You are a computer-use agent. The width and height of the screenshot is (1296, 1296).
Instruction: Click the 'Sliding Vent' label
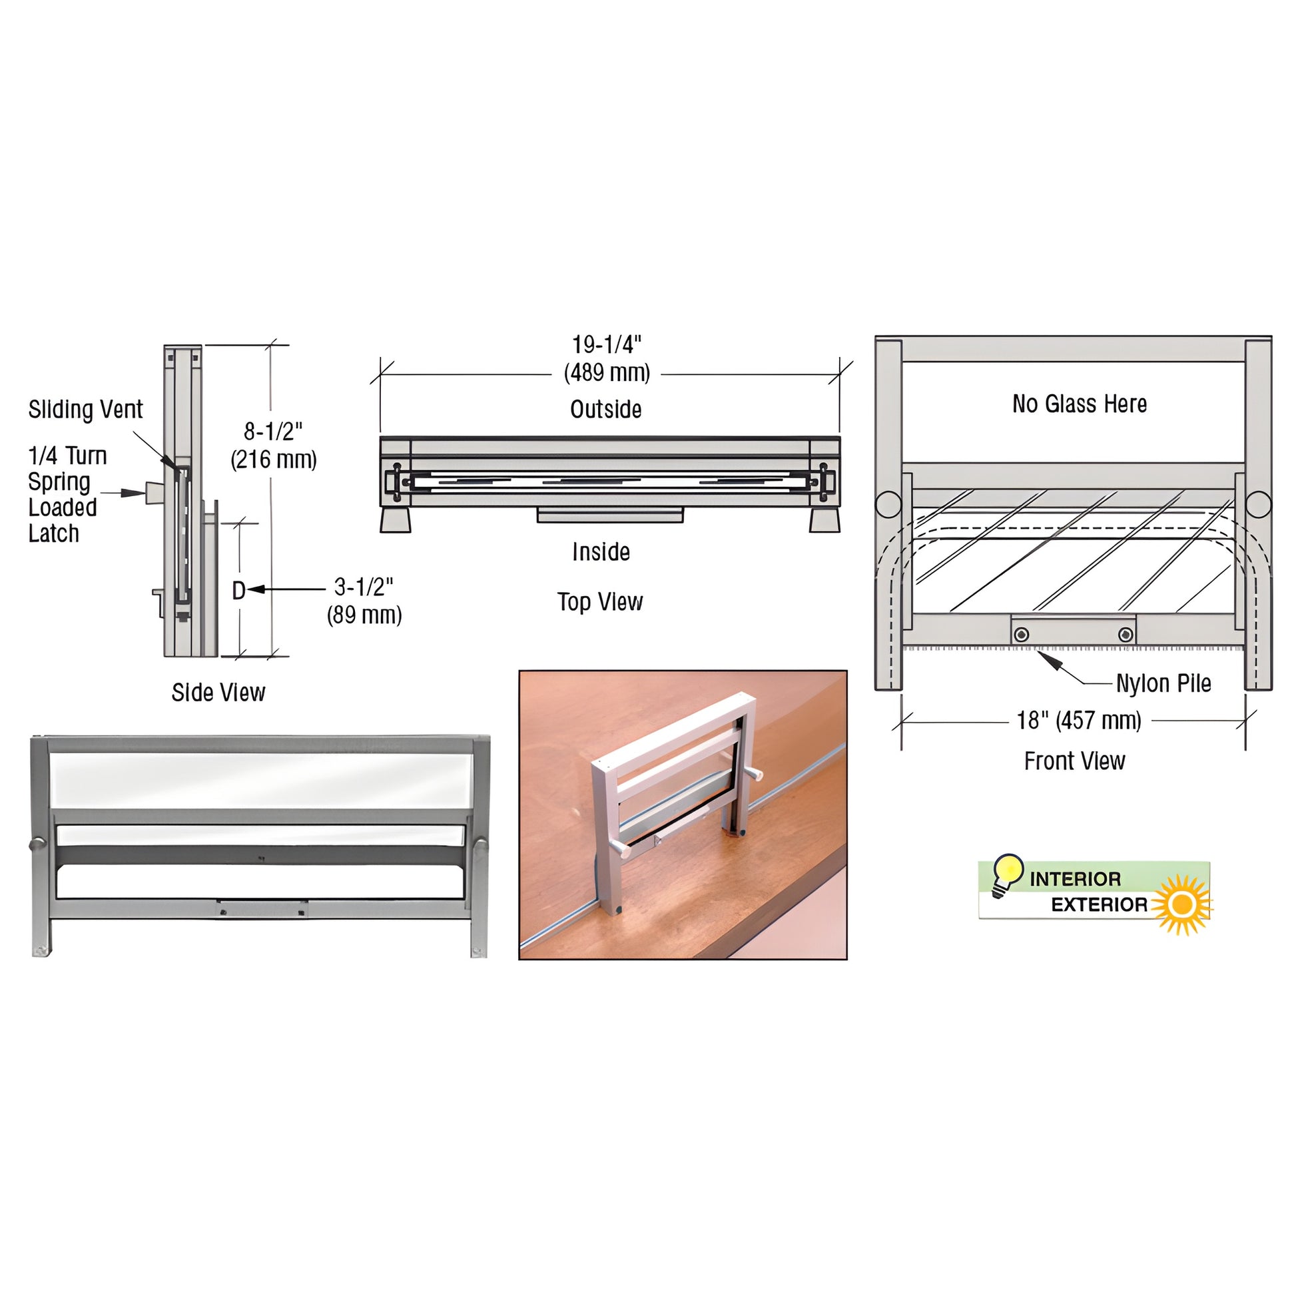pyautogui.click(x=85, y=409)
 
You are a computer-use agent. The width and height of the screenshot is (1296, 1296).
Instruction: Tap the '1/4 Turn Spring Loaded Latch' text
pyautogui.click(x=67, y=494)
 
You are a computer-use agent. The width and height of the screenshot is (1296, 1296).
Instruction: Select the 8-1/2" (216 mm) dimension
pyautogui.click(x=274, y=446)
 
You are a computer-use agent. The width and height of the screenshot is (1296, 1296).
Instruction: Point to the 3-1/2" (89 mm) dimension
pyautogui.click(x=364, y=601)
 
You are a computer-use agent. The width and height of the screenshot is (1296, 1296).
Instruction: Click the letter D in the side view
pyautogui.click(x=238, y=590)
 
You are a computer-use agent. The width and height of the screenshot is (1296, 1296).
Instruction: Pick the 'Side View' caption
pyautogui.click(x=218, y=692)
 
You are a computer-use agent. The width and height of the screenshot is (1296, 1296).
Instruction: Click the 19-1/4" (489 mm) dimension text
pyautogui.click(x=607, y=359)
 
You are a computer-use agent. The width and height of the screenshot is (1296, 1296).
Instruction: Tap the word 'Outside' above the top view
pyautogui.click(x=606, y=409)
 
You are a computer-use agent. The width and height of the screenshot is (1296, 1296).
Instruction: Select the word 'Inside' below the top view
pyautogui.click(x=601, y=552)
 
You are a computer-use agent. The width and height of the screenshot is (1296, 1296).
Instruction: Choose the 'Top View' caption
pyautogui.click(x=599, y=602)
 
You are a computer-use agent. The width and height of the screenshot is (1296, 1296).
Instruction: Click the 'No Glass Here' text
pyautogui.click(x=1080, y=404)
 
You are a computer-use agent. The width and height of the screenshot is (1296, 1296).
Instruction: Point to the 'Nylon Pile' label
pyautogui.click(x=1163, y=683)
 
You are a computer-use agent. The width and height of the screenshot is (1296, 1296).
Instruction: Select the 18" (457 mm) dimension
pyautogui.click(x=1079, y=721)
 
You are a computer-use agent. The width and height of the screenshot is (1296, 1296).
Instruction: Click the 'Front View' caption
pyautogui.click(x=1074, y=761)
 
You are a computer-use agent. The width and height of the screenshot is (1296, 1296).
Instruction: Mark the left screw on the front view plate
pyautogui.click(x=1022, y=634)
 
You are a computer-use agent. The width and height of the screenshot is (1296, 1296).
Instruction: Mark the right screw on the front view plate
pyautogui.click(x=1126, y=634)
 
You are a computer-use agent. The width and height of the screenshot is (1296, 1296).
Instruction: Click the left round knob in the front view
pyautogui.click(x=888, y=504)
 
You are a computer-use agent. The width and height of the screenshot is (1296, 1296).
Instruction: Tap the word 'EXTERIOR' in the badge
pyautogui.click(x=1099, y=905)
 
